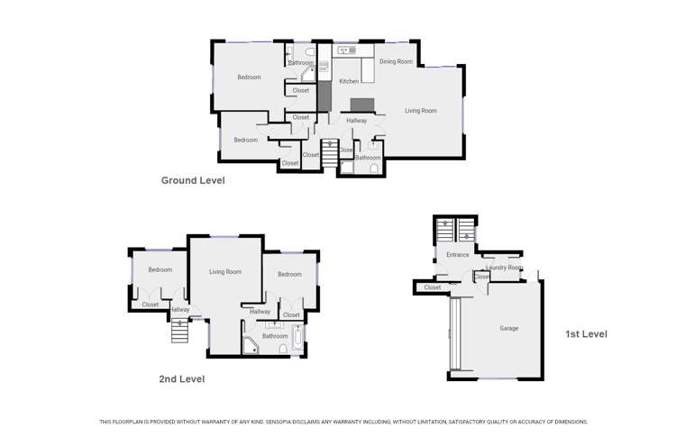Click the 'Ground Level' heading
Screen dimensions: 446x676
pyautogui.click(x=192, y=180)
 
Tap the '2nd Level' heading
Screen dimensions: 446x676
pyautogui.click(x=181, y=379)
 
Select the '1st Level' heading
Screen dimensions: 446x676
pyautogui.click(x=586, y=334)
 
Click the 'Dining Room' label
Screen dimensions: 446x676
pyautogui.click(x=396, y=62)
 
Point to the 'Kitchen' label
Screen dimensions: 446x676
pyautogui.click(x=349, y=82)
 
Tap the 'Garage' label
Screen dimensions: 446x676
pyautogui.click(x=508, y=328)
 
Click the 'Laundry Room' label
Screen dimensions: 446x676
pyautogui.click(x=503, y=268)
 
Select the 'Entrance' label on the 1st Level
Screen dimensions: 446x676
pyautogui.click(x=457, y=255)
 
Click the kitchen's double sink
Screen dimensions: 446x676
pyautogui.click(x=346, y=50)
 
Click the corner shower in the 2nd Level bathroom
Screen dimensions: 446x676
pyautogui.click(x=250, y=345)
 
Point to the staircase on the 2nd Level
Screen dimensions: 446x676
pyautogui.click(x=180, y=331)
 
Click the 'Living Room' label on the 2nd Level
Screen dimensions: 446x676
pyautogui.click(x=224, y=271)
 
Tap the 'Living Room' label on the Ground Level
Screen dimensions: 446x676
pyautogui.click(x=420, y=111)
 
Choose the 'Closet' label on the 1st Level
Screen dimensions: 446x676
pyautogui.click(x=433, y=287)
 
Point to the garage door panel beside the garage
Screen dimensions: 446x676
pyautogui.click(x=455, y=334)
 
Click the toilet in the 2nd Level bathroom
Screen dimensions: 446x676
pyautogui.click(x=283, y=349)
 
